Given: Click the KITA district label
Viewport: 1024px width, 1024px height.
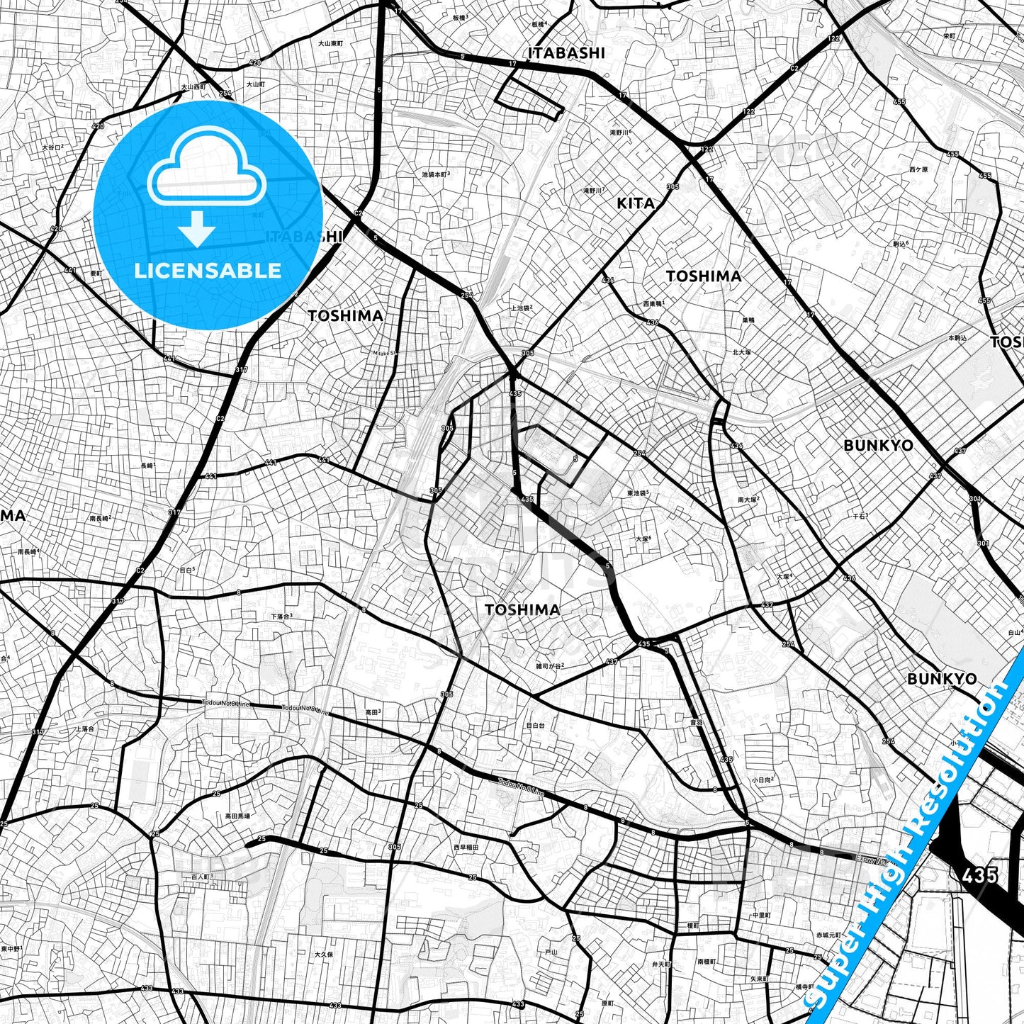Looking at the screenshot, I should [636, 203].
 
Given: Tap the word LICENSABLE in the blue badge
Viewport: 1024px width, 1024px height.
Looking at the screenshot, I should [208, 270].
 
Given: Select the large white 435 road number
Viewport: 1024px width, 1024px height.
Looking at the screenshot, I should [980, 875].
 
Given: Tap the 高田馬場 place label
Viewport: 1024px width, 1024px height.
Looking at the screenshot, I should [237, 816].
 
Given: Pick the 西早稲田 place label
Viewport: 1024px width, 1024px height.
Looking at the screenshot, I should [466, 847].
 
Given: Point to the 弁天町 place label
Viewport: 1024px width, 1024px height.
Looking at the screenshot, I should [660, 964].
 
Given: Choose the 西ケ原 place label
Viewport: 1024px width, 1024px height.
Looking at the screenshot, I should [918, 169].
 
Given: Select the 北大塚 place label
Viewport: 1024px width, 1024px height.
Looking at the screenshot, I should [741, 351].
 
